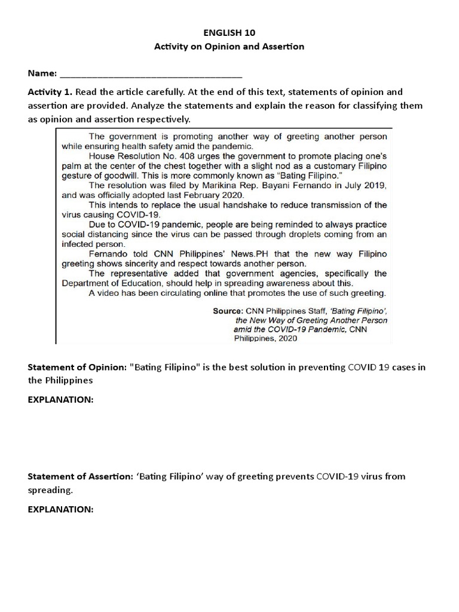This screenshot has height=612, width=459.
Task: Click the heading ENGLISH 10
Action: [229, 33]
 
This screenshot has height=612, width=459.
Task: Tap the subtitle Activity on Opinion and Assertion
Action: [229, 47]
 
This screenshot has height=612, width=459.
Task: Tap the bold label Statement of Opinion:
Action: [77, 366]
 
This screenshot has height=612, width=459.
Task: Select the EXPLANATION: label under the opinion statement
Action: [60, 399]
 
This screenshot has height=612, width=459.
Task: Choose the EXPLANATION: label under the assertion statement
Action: [60, 509]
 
